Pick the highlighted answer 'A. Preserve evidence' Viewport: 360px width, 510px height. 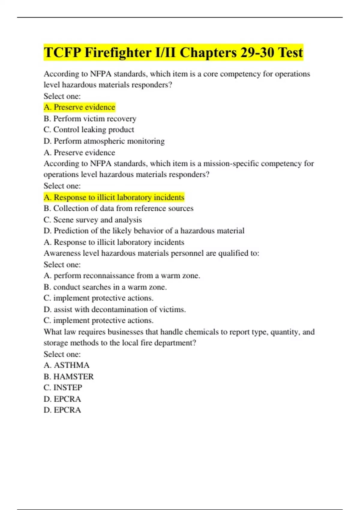(79, 107)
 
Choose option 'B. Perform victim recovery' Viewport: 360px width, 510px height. (90, 118)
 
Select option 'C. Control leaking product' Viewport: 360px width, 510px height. (89, 130)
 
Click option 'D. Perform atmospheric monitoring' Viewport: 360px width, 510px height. (104, 141)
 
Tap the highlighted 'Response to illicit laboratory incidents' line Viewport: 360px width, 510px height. (114, 197)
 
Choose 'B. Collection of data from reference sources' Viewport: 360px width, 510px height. (118, 208)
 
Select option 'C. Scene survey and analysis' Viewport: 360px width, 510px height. (93, 220)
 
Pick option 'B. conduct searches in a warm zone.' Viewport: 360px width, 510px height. (105, 287)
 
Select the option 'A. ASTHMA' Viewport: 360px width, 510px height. (67, 365)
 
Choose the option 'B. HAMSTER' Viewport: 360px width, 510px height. (69, 376)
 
